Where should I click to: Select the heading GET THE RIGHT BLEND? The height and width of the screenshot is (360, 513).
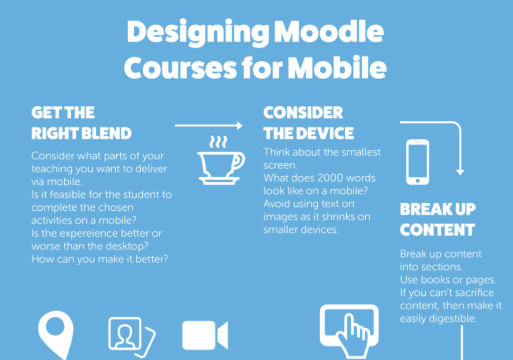click(81, 123)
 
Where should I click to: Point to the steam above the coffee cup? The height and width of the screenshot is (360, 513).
click(218, 141)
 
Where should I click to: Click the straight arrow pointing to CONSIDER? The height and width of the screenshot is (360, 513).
click(208, 126)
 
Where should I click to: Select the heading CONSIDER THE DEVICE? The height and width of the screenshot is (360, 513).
click(308, 123)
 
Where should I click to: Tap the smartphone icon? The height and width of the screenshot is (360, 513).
click(417, 162)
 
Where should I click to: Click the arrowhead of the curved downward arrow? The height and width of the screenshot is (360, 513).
click(460, 171)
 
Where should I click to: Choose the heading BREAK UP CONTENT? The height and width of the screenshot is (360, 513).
click(437, 220)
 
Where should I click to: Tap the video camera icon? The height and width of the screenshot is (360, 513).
click(205, 335)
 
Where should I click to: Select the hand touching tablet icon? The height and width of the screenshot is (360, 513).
click(349, 330)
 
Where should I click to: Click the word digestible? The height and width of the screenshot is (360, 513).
click(454, 318)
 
